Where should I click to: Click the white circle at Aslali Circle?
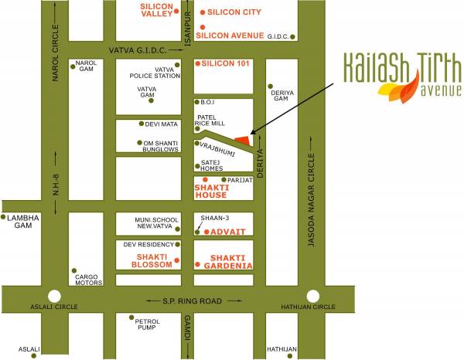tap(53, 295)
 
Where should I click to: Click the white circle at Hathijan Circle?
tap(312, 295)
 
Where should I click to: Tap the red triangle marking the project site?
tap(244, 139)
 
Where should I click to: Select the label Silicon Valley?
tap(155, 9)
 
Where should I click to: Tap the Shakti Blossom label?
tap(153, 260)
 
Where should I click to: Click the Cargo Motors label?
tap(87, 278)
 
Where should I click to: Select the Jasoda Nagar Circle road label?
tap(312, 200)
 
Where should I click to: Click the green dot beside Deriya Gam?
tap(270, 87)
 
